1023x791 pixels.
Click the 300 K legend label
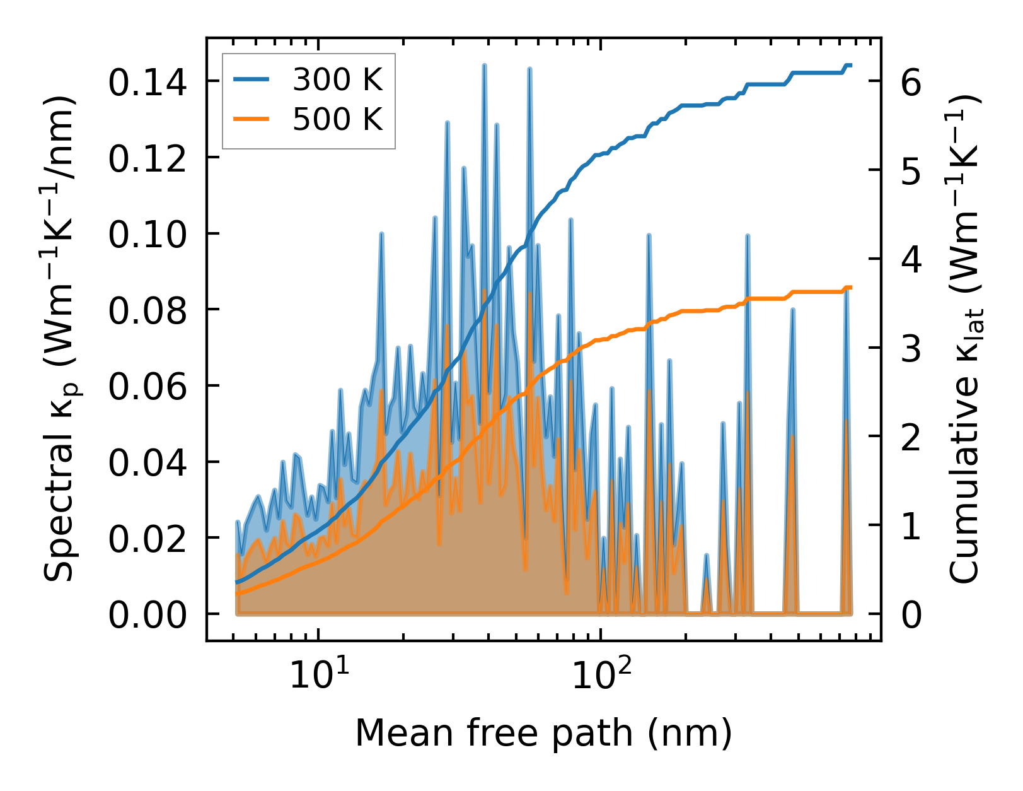pos(338,79)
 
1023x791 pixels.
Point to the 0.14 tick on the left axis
pos(147,83)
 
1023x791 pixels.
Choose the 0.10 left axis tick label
pos(147,235)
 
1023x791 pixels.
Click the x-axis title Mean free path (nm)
pos(543,733)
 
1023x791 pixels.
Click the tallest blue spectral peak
pos(484,66)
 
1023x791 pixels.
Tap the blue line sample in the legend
pos(251,79)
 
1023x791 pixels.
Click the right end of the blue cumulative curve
pos(850,66)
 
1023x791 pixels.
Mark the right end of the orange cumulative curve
pos(850,288)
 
